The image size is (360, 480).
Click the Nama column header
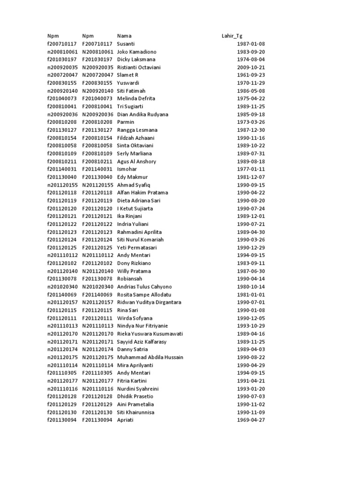(124, 36)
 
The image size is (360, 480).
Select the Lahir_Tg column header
(232, 36)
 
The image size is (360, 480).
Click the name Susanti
(126, 44)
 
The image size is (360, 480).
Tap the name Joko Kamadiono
(136, 52)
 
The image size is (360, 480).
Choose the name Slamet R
(127, 75)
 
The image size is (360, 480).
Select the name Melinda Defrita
(136, 98)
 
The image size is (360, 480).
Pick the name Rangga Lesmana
(137, 130)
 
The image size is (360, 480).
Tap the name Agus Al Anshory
(136, 161)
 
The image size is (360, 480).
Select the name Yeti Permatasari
(137, 247)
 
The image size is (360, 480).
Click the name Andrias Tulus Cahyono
(144, 286)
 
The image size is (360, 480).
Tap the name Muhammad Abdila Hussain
(150, 357)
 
